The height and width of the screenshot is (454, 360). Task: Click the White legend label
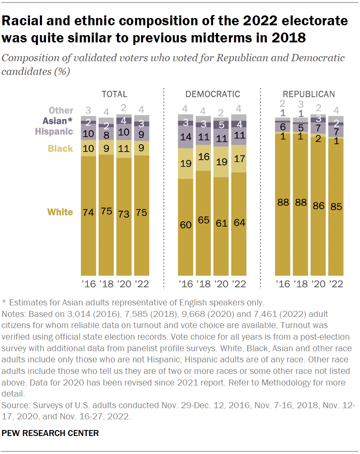[x=60, y=212]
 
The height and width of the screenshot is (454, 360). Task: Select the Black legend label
[x=60, y=149]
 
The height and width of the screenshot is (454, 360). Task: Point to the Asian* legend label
[x=57, y=121]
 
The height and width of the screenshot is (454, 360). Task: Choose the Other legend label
[x=61, y=111]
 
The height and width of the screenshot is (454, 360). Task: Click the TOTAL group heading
[x=114, y=94]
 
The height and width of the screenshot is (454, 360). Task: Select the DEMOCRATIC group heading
[x=213, y=94]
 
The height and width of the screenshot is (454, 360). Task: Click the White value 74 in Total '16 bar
[x=88, y=212]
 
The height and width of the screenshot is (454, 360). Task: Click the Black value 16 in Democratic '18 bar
[x=203, y=157]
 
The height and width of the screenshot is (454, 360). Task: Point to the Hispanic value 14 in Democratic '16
[x=185, y=137]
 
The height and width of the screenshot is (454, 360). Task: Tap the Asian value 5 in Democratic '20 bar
[x=221, y=125]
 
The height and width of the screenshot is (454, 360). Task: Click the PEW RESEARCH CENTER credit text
[x=50, y=433]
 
